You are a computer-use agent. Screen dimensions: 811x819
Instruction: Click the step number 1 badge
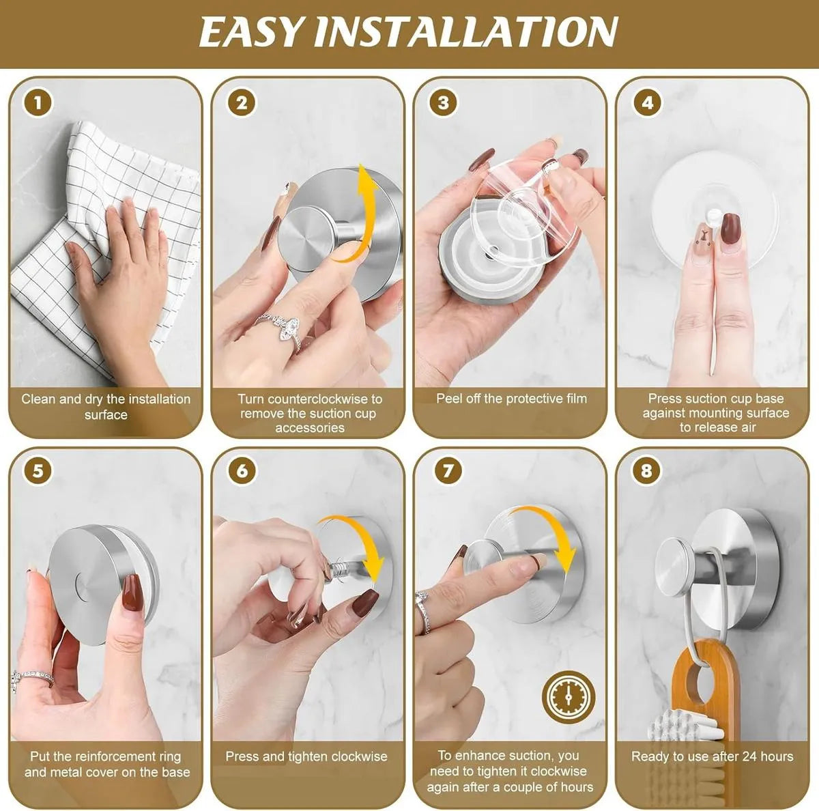click(38, 103)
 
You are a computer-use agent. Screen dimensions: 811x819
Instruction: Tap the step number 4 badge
click(646, 103)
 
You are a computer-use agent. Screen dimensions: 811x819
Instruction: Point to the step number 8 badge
click(646, 471)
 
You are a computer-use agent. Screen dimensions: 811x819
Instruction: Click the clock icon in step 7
click(568, 698)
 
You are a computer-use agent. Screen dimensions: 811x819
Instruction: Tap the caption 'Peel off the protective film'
click(511, 399)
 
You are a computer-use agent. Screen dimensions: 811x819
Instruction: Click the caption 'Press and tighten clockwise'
click(306, 756)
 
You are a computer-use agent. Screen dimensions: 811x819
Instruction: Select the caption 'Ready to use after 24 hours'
click(712, 756)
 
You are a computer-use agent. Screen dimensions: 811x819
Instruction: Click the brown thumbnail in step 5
click(130, 591)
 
